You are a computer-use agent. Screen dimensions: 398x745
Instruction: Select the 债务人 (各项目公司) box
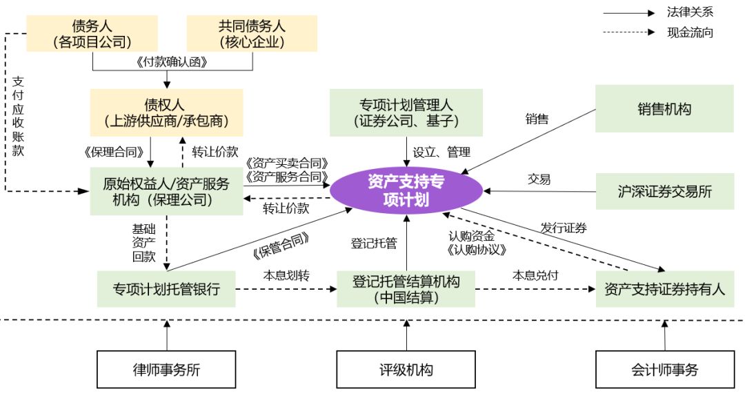[x=92, y=34]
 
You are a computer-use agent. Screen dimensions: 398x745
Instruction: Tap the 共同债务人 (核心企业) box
[x=252, y=34]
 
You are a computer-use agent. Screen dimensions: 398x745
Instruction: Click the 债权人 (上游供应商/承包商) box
[x=166, y=112]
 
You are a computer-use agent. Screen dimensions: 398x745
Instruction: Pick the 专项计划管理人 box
[x=406, y=113]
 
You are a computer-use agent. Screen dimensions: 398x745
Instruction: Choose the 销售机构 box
[x=664, y=108]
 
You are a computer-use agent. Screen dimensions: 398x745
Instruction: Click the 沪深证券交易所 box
[x=664, y=191]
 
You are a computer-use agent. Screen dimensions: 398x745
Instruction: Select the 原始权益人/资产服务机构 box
[x=166, y=191]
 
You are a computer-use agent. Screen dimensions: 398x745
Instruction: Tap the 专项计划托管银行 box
[x=166, y=289]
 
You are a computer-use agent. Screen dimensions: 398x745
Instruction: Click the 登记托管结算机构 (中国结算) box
[x=406, y=289]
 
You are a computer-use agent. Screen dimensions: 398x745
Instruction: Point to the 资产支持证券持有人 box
[x=664, y=289]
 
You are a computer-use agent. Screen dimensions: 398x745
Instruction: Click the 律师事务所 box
[x=166, y=370]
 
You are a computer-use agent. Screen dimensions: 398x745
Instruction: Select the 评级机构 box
[x=406, y=370]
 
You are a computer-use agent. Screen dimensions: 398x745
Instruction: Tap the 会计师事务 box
[x=664, y=370]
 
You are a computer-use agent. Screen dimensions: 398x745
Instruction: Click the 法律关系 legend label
[x=690, y=12]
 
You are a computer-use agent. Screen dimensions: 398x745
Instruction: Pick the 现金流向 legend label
[x=690, y=32]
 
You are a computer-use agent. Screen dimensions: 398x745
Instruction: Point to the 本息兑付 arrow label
[x=535, y=275]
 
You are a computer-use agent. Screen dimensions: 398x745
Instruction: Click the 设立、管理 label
[x=441, y=152]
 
